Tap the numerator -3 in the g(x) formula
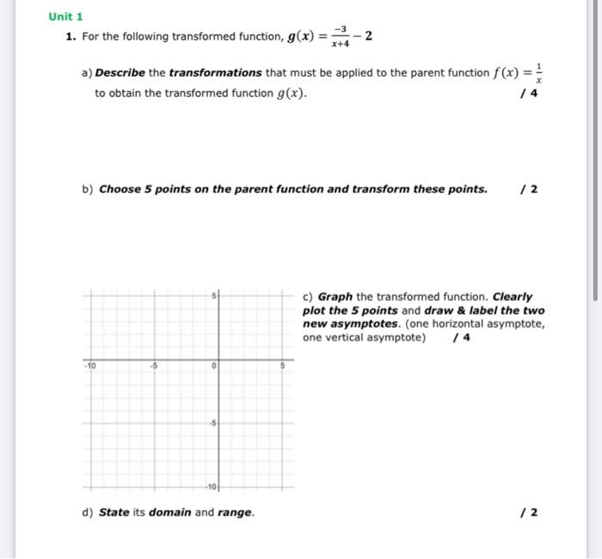[x=340, y=28]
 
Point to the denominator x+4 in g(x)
[x=340, y=41]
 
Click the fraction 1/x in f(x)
[x=538, y=73]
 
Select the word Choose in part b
[x=120, y=189]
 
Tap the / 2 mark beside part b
[x=532, y=189]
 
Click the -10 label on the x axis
[x=90, y=365]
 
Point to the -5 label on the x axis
[x=153, y=365]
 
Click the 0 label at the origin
[x=212, y=365]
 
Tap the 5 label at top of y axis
[x=212, y=296]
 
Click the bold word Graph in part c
[x=335, y=296]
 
